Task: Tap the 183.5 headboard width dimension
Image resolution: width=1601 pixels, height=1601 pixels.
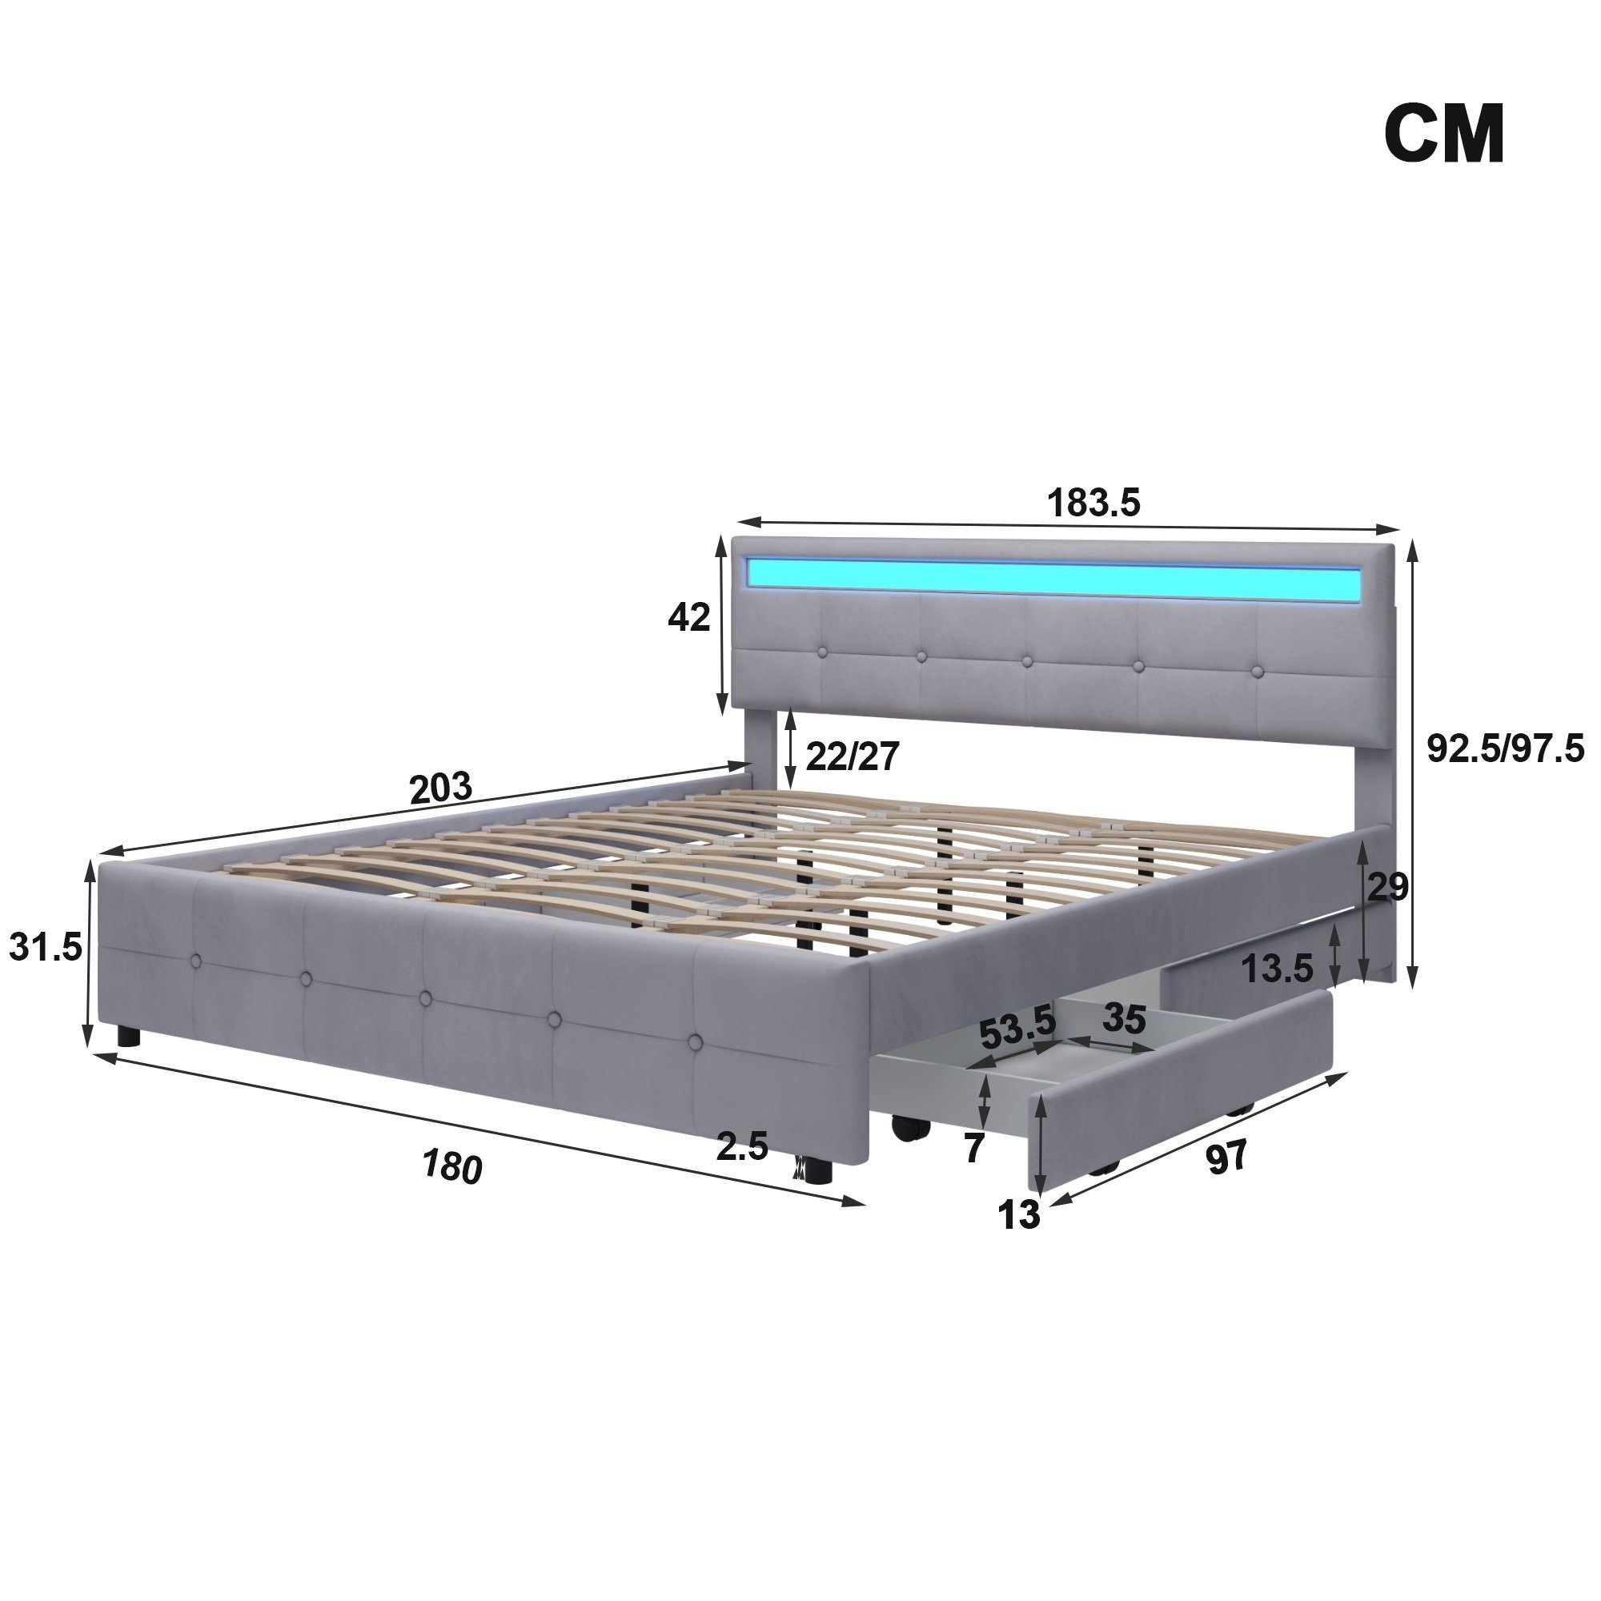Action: (x=1093, y=502)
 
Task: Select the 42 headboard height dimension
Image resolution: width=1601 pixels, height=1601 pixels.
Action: (x=688, y=617)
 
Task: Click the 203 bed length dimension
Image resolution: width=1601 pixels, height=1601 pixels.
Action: (x=441, y=787)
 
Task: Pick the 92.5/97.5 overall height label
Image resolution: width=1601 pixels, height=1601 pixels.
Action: (x=1504, y=749)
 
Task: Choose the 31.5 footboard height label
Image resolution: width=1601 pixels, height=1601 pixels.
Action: (x=46, y=946)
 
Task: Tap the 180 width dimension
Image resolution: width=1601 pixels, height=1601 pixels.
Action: (x=451, y=1167)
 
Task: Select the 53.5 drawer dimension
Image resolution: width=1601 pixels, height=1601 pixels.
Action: (x=1017, y=1030)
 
